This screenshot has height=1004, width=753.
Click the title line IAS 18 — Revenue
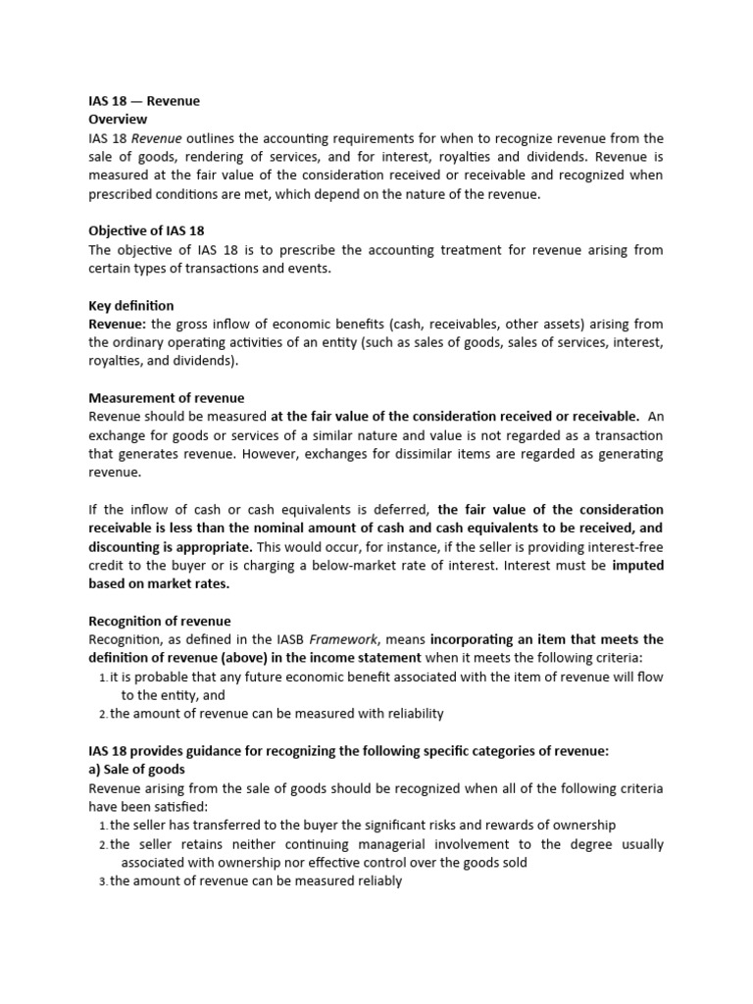pos(144,101)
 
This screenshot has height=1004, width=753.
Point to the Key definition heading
pos(131,306)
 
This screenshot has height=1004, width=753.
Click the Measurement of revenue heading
pos(167,398)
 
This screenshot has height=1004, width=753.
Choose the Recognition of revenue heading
pos(160,621)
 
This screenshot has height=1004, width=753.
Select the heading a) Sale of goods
pos(136,770)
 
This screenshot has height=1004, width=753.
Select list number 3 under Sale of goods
pos(102,881)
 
